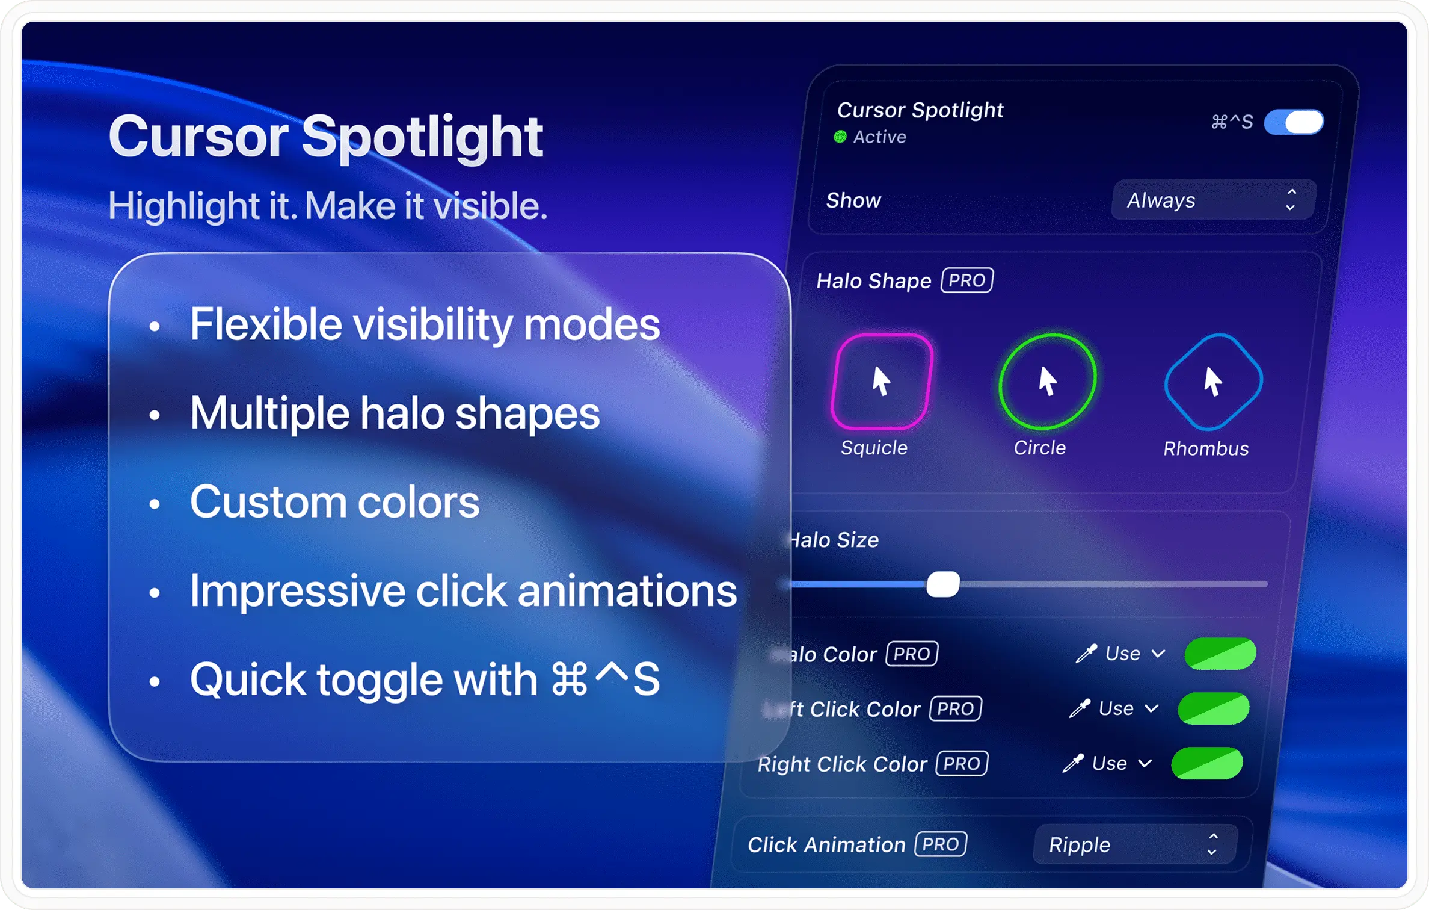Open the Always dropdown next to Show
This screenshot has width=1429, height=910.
(1212, 200)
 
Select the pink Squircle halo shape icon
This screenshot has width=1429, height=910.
(882, 382)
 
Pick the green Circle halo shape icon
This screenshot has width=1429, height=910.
(1047, 382)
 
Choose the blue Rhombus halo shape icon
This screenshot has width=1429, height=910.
(1213, 382)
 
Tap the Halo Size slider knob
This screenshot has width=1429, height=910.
(942, 584)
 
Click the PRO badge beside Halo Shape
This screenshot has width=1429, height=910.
(966, 280)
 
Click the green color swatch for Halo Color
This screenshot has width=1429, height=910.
(1220, 654)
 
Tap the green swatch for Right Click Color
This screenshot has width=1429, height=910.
(1206, 763)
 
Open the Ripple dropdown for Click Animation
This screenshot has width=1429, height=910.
(1134, 844)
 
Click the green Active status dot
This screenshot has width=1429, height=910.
(840, 137)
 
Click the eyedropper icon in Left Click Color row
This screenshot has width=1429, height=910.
(1080, 708)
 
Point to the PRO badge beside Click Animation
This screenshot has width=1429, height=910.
(941, 844)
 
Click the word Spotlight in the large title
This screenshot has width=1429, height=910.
(422, 137)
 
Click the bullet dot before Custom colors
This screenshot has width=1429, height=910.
(155, 503)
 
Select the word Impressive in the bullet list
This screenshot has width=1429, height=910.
(297, 591)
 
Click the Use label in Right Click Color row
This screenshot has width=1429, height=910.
(1109, 763)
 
